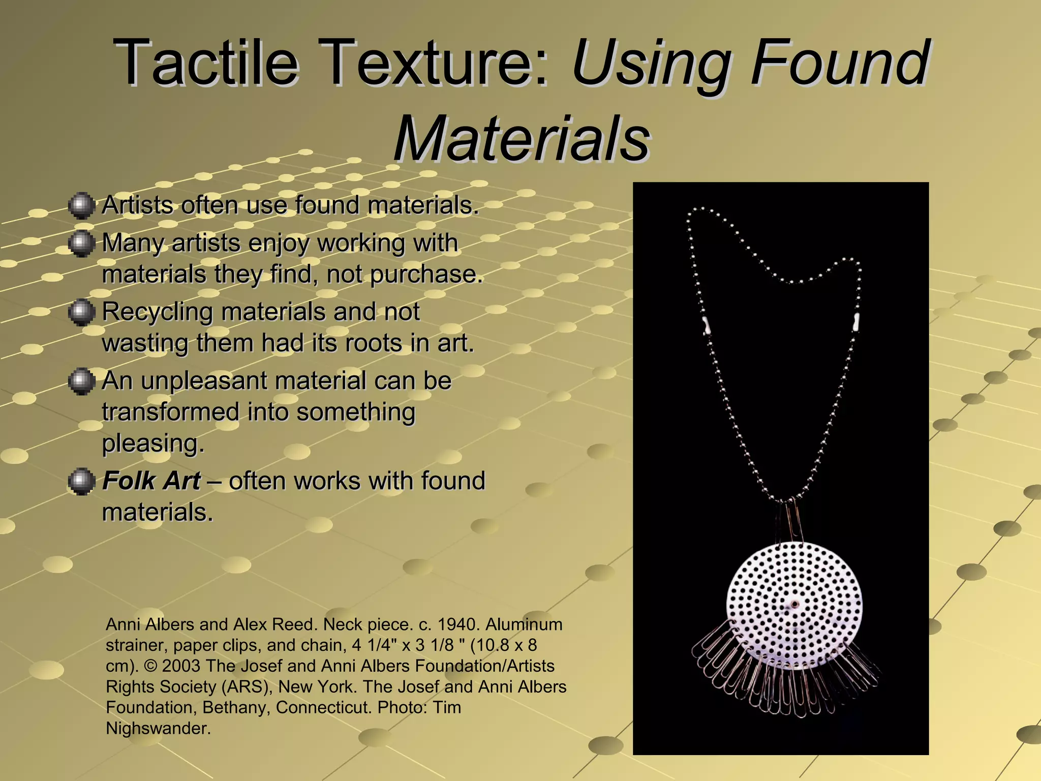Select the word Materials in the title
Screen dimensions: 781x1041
[x=522, y=139]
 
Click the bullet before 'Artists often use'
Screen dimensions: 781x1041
[x=81, y=205]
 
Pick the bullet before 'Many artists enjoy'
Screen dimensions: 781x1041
[x=81, y=244]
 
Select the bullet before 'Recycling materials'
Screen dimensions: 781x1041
[x=81, y=312]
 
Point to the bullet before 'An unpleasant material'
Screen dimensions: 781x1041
[x=81, y=381]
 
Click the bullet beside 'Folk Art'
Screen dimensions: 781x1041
[x=81, y=481]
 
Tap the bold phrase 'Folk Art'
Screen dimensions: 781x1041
[x=151, y=481]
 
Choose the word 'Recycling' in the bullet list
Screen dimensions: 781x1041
[x=157, y=312]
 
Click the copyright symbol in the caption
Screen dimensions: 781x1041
[x=150, y=666]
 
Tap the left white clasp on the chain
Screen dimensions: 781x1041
[x=706, y=324]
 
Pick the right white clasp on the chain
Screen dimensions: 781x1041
[x=855, y=322]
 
